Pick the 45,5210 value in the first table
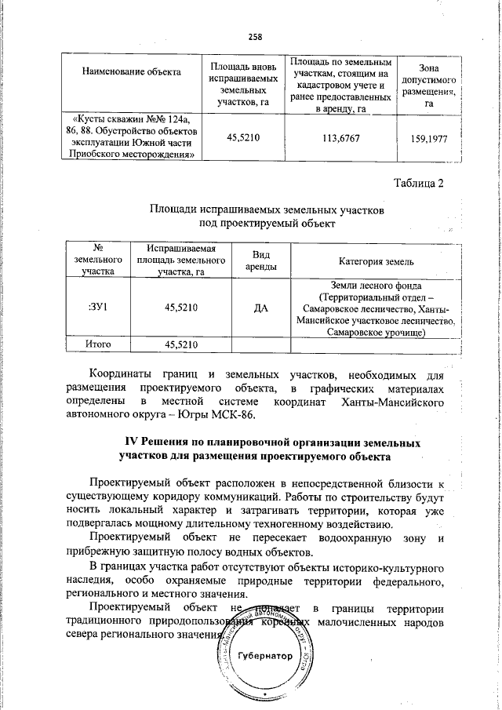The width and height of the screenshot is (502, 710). [x=242, y=137]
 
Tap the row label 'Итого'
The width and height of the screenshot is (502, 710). [x=98, y=344]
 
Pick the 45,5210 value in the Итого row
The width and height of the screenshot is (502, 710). [x=180, y=344]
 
